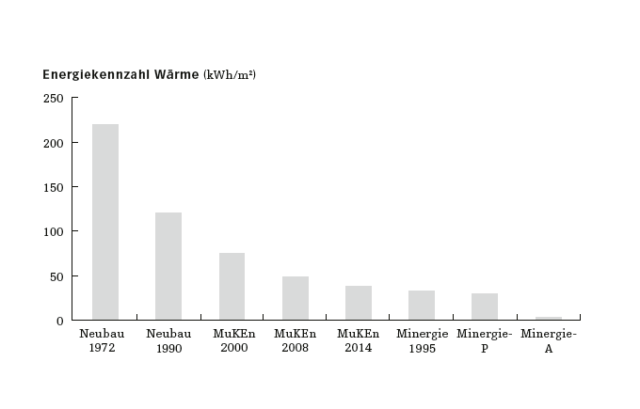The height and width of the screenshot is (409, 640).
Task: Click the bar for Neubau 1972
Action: coord(105,222)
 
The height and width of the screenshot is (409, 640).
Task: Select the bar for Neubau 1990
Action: coord(168,266)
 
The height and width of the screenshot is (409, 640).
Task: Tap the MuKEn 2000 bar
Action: coord(232,287)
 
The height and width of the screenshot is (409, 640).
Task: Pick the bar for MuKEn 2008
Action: coord(296,298)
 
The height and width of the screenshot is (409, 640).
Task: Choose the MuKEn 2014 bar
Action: coord(359,303)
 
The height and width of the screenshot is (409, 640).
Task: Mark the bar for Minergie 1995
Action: coord(422,306)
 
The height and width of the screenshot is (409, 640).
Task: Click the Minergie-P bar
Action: coord(485,307)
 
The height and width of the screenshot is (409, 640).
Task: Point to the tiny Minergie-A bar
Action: coord(548,319)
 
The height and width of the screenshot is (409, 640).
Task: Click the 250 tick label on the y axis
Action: coord(54,99)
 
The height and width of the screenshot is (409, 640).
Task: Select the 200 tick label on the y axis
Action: coord(54,143)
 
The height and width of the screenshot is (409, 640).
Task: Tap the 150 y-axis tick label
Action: coord(54,187)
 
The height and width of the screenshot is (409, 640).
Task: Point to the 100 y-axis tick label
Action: coord(54,231)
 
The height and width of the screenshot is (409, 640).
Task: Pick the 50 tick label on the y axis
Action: coord(56,276)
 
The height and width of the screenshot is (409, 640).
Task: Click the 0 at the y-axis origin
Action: coord(60,321)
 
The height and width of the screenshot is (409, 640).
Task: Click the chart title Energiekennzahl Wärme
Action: coord(120,74)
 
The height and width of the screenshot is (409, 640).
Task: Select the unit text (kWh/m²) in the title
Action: coord(230,74)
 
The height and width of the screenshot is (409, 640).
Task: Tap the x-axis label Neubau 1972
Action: coord(105,341)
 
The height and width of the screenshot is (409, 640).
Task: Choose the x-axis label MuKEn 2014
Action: coord(359,341)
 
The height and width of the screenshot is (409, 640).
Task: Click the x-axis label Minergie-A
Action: coord(548,341)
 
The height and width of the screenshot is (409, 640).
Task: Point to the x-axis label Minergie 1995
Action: coord(422,341)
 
